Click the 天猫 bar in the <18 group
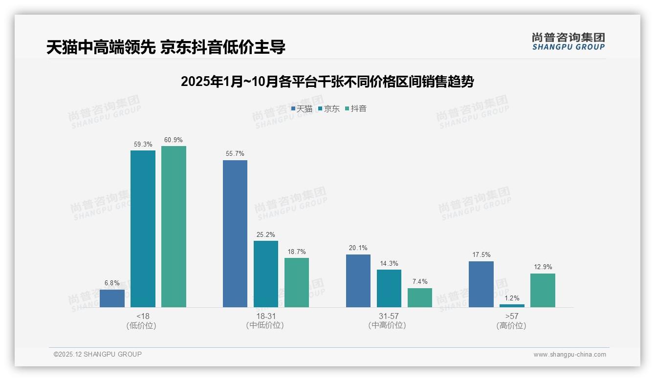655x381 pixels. coord(112,298)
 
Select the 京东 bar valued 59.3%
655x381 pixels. coord(143,229)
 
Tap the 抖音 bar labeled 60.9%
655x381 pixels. coord(174,227)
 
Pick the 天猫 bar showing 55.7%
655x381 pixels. coord(235,233)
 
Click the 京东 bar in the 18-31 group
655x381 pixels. coord(266,274)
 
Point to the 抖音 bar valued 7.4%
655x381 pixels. coord(420,297)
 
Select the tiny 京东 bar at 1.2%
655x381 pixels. coord(512,306)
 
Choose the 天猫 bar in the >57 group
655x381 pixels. coord(481,284)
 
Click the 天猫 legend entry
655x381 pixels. coord(302,109)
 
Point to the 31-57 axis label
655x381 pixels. coord(389,316)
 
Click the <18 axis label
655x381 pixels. coord(143,316)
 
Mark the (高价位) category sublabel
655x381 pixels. coord(511,325)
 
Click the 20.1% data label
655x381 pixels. coord(358,248)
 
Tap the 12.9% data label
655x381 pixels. coord(543,267)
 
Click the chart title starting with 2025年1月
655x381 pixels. coord(327,82)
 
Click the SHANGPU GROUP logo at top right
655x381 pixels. coord(568,42)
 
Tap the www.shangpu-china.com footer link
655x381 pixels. coord(569,355)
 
